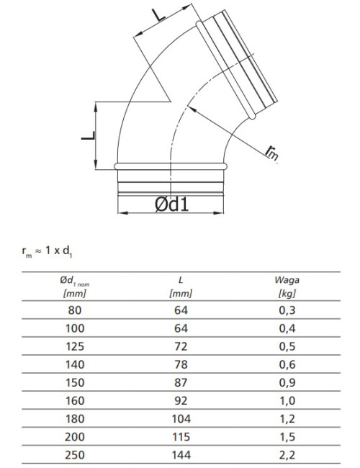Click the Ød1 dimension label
172,204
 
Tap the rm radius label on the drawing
272,152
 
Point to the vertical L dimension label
89,136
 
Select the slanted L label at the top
158,15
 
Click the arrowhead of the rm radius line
192,109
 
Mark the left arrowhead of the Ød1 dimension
123,213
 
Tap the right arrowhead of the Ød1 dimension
218,213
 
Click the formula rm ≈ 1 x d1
47,251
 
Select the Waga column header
287,287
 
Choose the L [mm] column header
181,287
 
